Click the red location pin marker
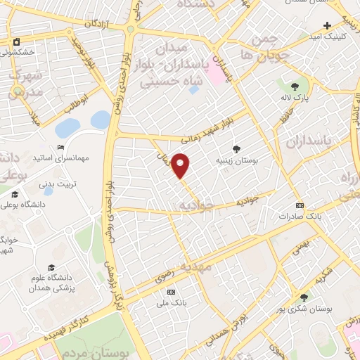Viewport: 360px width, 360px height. (x=181, y=165)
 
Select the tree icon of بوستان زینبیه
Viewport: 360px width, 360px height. (x=236, y=149)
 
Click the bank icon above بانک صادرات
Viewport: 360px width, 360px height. (x=300, y=205)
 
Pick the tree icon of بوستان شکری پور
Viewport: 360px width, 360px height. (x=304, y=297)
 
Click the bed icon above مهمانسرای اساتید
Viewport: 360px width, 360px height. (x=60, y=147)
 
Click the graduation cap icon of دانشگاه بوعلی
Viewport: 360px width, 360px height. (x=14, y=194)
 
